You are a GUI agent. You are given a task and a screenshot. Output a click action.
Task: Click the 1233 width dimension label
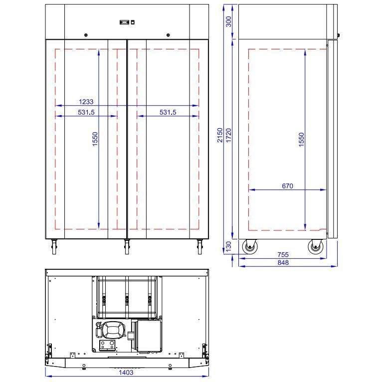[86, 102]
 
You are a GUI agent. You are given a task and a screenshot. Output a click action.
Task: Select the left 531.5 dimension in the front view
[86, 112]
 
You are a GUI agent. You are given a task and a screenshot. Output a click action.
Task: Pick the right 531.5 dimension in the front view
[168, 112]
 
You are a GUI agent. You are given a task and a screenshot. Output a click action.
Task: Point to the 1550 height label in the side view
[301, 139]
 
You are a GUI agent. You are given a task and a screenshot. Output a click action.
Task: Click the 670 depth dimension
[287, 186]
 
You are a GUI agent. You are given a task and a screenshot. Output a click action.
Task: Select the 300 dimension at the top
[229, 21]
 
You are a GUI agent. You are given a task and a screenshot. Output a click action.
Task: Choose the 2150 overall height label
[220, 135]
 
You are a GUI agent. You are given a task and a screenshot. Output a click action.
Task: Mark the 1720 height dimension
[229, 135]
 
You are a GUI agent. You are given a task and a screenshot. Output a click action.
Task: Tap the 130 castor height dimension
[229, 246]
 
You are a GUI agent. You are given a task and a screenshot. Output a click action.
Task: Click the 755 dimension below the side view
[282, 255]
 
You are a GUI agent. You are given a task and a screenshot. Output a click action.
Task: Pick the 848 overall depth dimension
[282, 262]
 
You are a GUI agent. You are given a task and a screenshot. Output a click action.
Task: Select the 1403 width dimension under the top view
[126, 372]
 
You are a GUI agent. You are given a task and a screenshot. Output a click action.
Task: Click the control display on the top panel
[124, 22]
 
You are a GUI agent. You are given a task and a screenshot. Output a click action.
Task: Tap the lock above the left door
[86, 35]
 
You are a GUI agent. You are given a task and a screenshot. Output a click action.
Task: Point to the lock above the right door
[168, 35]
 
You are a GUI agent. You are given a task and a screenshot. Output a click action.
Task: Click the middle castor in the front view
[127, 246]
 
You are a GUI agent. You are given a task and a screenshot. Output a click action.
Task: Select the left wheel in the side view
[249, 247]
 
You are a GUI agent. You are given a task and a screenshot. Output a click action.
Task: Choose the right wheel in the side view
[315, 247]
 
